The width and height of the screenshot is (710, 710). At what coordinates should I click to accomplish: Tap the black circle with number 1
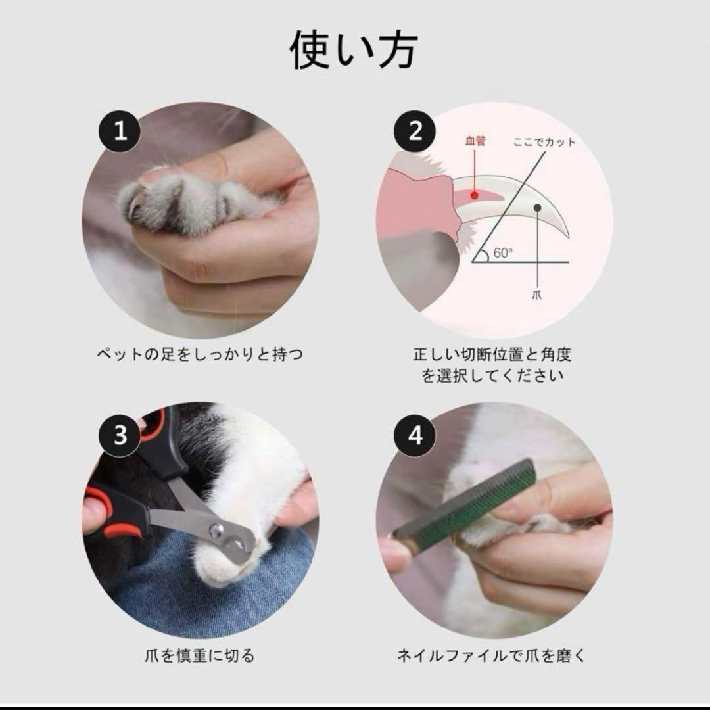120,131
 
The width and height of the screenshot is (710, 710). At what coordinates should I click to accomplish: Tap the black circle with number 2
415,131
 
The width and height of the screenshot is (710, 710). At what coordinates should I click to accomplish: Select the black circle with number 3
120,435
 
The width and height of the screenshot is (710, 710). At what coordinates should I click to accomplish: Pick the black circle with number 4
415,435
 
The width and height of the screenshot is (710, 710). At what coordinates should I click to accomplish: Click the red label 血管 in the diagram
475,141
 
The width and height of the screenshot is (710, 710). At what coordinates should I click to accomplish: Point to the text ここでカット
545,141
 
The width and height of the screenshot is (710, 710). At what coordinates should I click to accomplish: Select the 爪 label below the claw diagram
538,295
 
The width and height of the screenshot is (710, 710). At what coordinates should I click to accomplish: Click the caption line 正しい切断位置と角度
492,355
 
